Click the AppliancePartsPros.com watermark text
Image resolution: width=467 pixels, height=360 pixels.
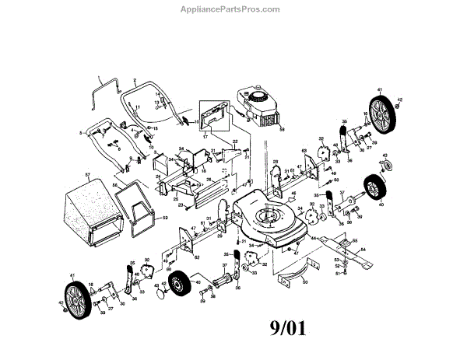click(233, 10)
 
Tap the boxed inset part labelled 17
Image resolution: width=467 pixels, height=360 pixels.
click(211, 118)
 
